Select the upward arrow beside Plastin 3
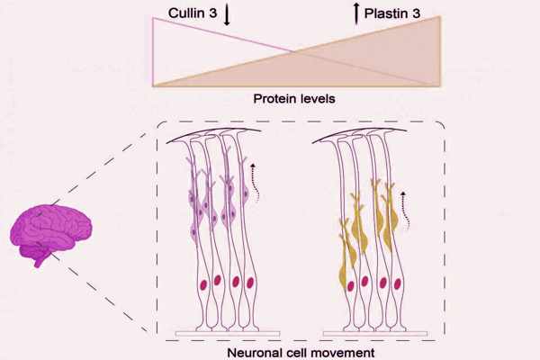(356, 14)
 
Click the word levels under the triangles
(317, 97)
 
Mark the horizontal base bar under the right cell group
(371, 332)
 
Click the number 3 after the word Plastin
(440, 12)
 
